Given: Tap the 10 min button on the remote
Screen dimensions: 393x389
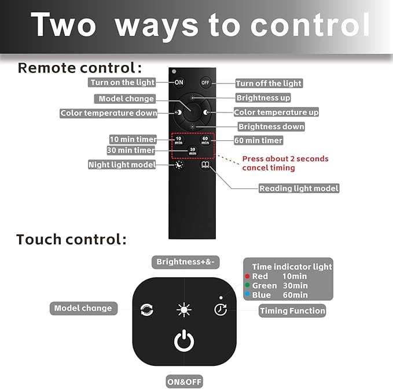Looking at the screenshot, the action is tap(178, 140).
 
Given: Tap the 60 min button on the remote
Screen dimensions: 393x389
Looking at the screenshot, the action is tap(205, 140).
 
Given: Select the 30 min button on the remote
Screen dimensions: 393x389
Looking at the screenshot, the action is tap(192, 151).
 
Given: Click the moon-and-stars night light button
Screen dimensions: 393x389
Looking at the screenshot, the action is tap(179, 165).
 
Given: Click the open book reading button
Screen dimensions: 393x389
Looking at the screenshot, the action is tap(205, 165).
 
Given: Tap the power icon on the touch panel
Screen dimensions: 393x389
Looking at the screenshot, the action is tap(184, 340).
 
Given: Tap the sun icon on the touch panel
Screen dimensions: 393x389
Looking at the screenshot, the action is tap(184, 310).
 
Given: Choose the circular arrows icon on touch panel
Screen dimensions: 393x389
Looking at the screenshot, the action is tap(147, 310).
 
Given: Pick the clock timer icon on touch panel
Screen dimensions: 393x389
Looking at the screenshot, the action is tap(221, 310).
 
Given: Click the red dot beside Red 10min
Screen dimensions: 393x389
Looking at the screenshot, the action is tap(247, 277).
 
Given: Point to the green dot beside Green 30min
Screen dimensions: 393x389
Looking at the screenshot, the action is tap(247, 285).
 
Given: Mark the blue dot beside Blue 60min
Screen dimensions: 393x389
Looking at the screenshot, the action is tap(247, 294).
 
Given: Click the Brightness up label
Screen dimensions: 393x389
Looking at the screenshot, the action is tap(263, 97).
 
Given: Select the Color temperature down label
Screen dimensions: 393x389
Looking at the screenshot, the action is tap(109, 113).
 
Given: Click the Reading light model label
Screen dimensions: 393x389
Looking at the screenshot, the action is tap(299, 188).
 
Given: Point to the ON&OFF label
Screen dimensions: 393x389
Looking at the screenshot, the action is tap(184, 381).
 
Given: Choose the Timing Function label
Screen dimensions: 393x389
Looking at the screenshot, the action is tap(292, 311).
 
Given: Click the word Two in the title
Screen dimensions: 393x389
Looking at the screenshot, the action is tap(64, 24).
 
